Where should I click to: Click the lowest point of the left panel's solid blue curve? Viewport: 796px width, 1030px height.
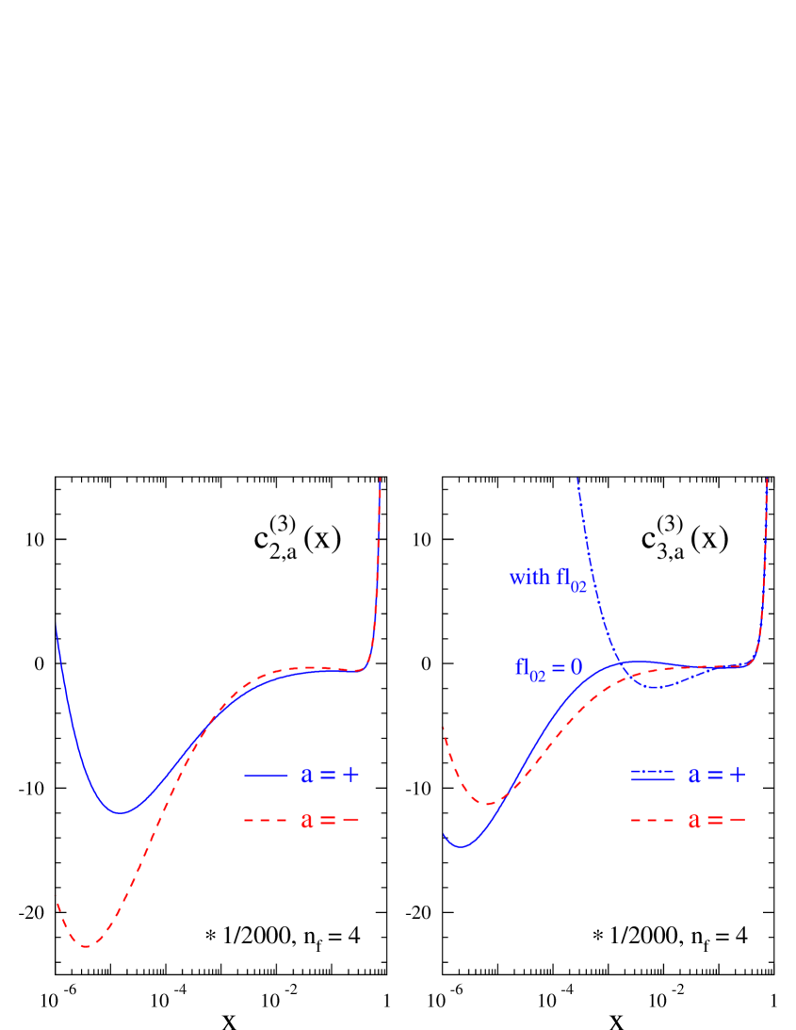(x=120, y=812)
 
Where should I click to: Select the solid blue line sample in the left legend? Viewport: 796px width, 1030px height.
(x=266, y=775)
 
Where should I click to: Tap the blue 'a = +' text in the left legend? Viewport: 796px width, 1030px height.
(x=331, y=775)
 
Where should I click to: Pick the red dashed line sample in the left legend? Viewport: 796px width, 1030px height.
(x=266, y=821)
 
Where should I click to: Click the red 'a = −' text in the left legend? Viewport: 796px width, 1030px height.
(x=331, y=821)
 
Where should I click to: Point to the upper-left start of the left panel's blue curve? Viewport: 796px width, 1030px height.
(x=57, y=627)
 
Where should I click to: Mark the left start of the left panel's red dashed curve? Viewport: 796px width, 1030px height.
(x=57, y=896)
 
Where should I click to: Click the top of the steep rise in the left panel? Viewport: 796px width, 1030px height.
(x=381, y=479)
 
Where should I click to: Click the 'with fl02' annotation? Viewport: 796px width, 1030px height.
(x=547, y=579)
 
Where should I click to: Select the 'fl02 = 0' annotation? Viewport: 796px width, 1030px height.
(x=548, y=668)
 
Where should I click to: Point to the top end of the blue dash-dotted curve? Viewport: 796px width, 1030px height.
(x=577, y=480)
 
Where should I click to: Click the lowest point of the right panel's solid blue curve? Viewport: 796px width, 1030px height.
(x=462, y=846)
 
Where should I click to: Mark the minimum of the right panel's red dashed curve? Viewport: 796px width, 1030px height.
(x=487, y=804)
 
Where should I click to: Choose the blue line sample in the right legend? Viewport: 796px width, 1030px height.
(x=653, y=776)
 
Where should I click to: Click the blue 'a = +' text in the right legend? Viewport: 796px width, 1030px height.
(x=718, y=775)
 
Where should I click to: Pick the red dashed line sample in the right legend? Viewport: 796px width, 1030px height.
(x=653, y=821)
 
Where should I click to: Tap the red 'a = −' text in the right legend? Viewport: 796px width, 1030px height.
(x=718, y=821)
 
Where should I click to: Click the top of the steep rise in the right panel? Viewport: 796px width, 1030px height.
(x=768, y=480)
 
